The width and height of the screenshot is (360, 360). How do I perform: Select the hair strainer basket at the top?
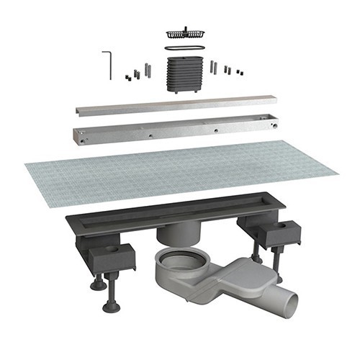click(184, 33)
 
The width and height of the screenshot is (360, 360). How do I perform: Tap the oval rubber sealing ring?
click(184, 48)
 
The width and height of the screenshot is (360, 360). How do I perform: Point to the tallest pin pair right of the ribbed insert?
click(213, 67)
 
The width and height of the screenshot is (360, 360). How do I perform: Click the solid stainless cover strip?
click(176, 104)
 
